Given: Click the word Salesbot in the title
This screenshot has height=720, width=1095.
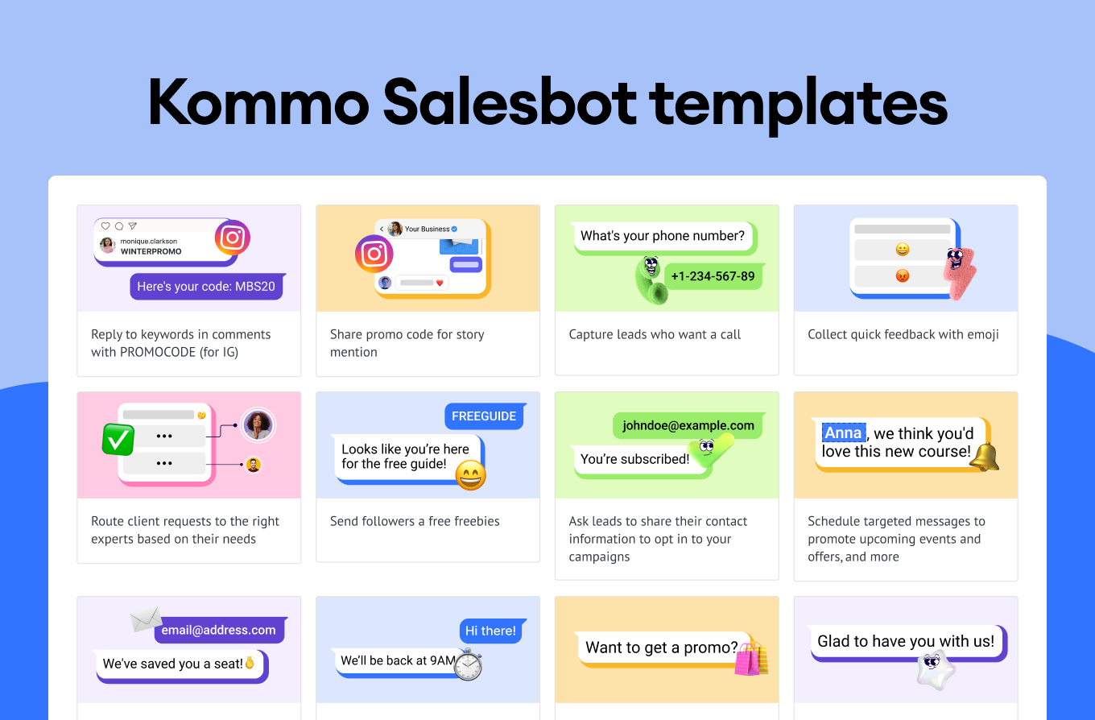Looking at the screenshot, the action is tap(510, 103).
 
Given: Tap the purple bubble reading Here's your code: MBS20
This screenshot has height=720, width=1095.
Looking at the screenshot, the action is tap(207, 287).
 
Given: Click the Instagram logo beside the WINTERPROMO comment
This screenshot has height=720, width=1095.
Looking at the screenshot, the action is tap(233, 238).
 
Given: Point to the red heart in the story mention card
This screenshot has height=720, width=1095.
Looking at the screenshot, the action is tap(440, 283).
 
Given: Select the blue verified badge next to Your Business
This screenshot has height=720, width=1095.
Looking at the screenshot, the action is tap(454, 229).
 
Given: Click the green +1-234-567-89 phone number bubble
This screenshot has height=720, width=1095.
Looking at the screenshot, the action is tap(713, 276).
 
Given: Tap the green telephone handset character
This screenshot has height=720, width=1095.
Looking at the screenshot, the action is tap(651, 281).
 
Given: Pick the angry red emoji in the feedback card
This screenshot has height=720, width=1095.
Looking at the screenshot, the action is tap(903, 276).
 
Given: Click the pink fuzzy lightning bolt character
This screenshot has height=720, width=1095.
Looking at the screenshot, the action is tap(959, 272).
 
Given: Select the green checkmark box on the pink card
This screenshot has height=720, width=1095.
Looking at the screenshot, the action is tap(118, 439).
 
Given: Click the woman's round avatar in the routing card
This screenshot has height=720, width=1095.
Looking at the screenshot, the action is tap(258, 424).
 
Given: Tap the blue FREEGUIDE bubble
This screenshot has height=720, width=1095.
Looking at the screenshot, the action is tap(485, 416).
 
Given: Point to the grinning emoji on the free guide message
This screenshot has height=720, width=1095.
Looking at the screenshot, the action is tap(471, 475).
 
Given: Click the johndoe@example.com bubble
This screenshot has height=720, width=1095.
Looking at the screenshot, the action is tap(688, 425).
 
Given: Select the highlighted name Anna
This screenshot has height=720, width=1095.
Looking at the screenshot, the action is tap(844, 432).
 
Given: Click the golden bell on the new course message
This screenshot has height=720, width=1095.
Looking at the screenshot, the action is tap(984, 457).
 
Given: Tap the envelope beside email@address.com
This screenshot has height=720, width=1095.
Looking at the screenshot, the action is tap(146, 619).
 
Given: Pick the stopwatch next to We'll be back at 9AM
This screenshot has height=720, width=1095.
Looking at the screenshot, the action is tap(469, 664).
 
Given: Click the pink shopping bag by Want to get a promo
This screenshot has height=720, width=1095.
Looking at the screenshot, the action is tap(748, 659).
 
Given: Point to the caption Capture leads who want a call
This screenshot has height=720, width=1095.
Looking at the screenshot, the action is tap(655, 334).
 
